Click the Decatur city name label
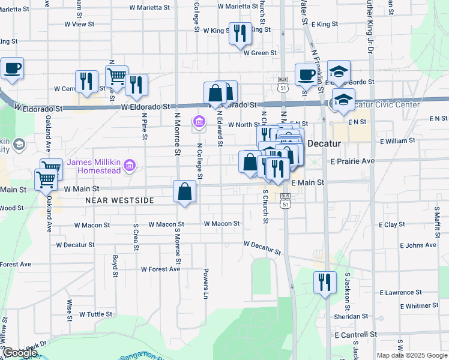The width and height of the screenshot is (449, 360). tap(324, 144)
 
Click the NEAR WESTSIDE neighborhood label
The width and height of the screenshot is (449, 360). tap(120, 200)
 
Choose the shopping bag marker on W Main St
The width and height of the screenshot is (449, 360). tap(184, 192)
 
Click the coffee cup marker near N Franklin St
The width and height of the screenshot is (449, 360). tap(307, 75)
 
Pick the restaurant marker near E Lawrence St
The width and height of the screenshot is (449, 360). tap(325, 282)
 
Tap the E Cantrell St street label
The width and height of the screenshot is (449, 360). tap(356, 334)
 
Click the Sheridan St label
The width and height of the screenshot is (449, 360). tap(352, 316)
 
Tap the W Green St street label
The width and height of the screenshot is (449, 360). tap(259, 53)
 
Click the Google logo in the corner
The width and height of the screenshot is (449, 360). tap(20, 353)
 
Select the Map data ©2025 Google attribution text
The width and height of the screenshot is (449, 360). tap(411, 355)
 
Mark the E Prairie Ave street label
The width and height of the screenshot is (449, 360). tap(352, 161)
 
